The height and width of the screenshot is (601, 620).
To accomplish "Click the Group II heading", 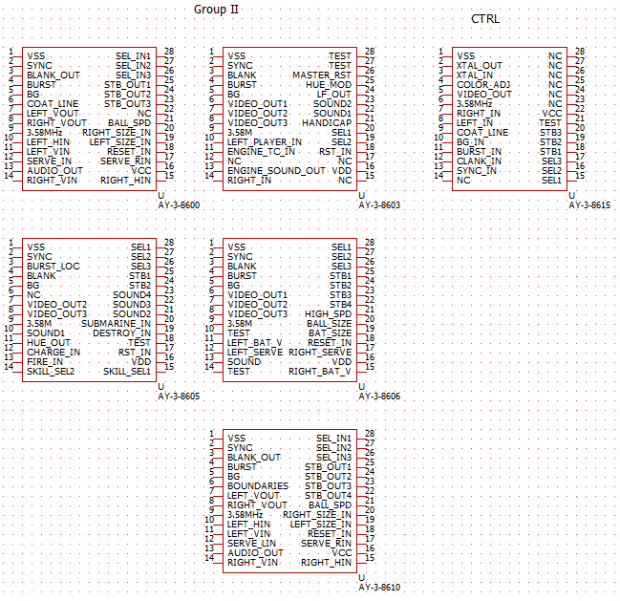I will tap(217, 9).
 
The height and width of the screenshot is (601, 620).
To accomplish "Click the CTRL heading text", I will tap(485, 18).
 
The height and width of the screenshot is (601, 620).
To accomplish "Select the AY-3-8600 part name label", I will tap(179, 205).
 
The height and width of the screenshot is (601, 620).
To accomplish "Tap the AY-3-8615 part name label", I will tap(589, 205).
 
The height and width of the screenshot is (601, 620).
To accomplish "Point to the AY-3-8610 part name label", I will tap(379, 587).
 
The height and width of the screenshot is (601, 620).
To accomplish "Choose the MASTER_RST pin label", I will tap(322, 75).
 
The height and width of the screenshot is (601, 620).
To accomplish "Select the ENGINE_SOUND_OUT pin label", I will tap(276, 170).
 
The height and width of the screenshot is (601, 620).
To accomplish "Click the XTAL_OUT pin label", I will tap(479, 66).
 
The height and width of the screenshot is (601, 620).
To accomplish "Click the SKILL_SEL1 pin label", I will tap(127, 371).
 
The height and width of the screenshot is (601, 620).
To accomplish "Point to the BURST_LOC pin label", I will tap(53, 266).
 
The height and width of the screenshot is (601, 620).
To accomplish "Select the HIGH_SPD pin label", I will tap(329, 313).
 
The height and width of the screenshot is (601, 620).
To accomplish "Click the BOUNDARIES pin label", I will tap(258, 485).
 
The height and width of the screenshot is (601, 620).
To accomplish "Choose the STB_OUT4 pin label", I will tap(328, 495).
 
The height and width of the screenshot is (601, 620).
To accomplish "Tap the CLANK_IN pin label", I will tap(478, 161).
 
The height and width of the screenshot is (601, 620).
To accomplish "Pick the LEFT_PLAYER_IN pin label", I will tap(265, 141).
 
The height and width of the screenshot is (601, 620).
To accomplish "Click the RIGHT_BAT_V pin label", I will tap(320, 371).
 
